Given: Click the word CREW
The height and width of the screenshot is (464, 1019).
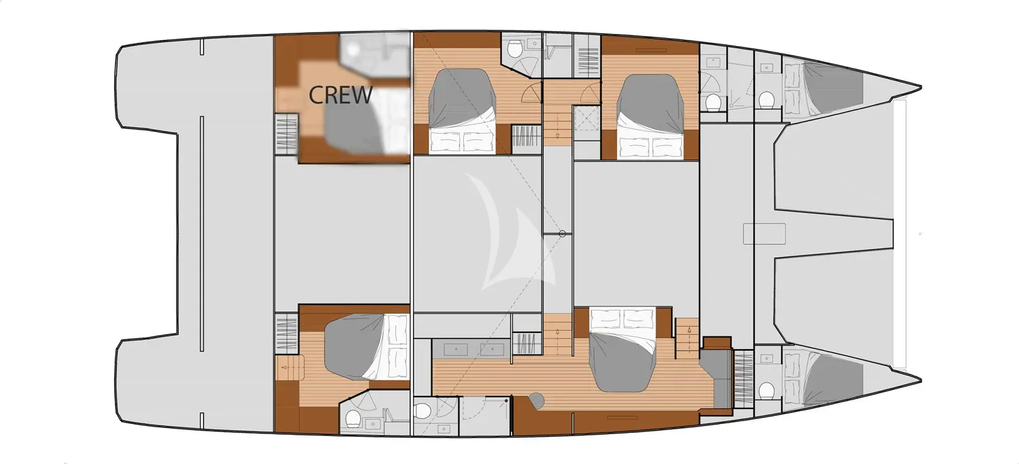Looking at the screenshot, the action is pos(340,95).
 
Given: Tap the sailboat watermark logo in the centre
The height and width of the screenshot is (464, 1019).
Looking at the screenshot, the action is pos(512,232).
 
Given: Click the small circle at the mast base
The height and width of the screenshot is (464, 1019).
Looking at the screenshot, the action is pos(562,234).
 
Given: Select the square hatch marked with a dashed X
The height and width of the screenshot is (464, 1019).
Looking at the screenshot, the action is pos(588,118).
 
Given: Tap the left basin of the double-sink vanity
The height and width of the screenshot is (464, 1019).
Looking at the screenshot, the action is pos(455,349).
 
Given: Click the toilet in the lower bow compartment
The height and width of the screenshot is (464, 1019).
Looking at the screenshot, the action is pos(766,391).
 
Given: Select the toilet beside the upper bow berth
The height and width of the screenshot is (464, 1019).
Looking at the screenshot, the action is pos(766,100).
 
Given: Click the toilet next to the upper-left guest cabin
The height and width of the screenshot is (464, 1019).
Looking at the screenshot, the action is pos(515,50).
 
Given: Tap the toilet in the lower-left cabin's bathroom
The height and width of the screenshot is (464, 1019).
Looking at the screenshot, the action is pos(353,418).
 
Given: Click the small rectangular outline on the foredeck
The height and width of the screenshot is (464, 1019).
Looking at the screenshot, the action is pos(764,234).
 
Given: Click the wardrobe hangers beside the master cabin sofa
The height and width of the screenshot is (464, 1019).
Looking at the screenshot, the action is pos(744,379).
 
